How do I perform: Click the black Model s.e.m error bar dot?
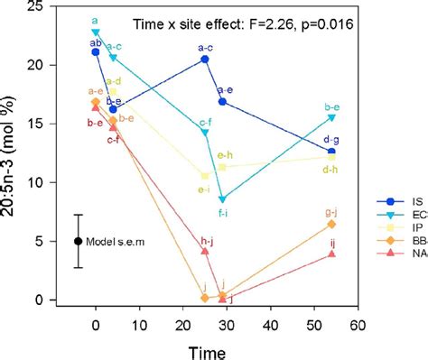point(79,241)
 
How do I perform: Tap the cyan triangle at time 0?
point(96,32)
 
